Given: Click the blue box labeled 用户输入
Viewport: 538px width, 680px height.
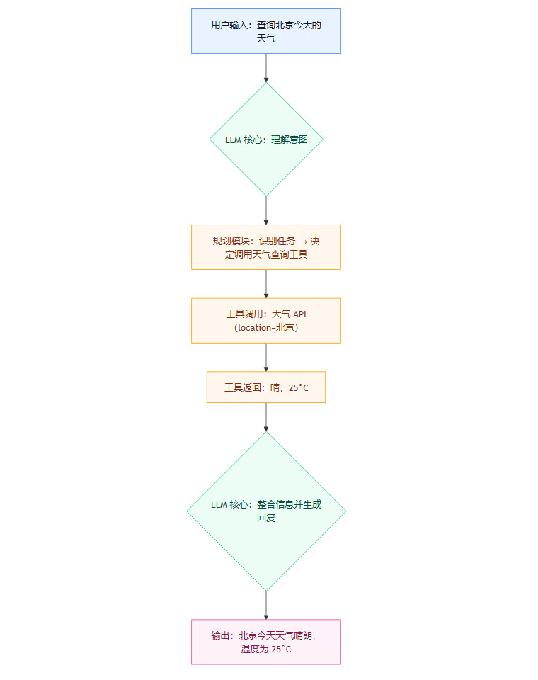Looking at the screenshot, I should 266,31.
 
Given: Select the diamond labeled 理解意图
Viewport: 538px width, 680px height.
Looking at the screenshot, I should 266,140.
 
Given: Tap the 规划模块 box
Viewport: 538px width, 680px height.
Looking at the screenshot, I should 266,247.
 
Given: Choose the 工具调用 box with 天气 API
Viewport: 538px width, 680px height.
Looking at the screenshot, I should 266,320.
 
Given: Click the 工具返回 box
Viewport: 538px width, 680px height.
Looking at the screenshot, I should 266,387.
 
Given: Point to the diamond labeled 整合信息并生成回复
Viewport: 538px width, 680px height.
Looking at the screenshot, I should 266,511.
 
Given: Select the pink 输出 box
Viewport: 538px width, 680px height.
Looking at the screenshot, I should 266,642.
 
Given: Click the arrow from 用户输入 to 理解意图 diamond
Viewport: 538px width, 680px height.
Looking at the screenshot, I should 266,68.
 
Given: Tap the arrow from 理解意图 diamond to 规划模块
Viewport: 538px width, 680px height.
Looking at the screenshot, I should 266,210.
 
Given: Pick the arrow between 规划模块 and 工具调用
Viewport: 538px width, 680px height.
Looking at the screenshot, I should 266,283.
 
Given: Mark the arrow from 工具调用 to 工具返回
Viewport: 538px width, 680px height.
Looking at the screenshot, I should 266,357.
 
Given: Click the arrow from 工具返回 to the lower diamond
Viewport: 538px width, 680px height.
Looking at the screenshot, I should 266,417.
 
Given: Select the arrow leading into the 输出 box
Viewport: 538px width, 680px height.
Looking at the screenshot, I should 266,605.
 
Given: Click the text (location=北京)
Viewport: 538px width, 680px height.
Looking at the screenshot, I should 266,328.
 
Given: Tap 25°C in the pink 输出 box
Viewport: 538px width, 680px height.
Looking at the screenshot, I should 281,649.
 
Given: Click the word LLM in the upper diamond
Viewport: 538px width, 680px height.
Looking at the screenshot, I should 233,140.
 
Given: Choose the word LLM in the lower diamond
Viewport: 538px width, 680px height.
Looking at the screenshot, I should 219,505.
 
